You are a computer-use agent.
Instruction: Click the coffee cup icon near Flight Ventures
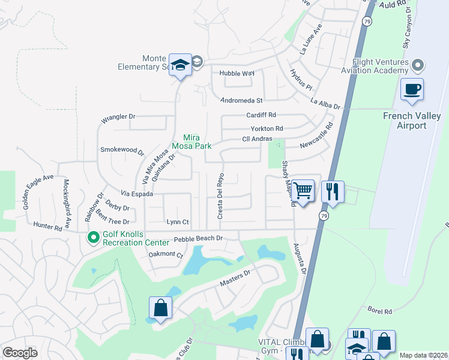click(x=412, y=90)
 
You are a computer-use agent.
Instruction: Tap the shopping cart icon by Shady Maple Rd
click(x=303, y=191)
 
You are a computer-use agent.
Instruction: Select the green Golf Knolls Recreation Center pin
click(x=93, y=238)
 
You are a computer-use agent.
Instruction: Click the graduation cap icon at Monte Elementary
click(x=179, y=65)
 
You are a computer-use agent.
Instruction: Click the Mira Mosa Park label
click(x=191, y=141)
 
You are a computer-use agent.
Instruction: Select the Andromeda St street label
click(x=242, y=100)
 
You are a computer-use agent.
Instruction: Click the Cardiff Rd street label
click(x=261, y=115)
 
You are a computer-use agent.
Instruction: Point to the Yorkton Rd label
click(x=267, y=128)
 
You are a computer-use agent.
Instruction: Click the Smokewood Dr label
click(x=122, y=149)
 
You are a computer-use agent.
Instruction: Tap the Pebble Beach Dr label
click(x=198, y=239)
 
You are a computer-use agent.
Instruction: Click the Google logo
click(x=20, y=353)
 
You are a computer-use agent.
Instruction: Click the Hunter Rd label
click(x=48, y=227)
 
